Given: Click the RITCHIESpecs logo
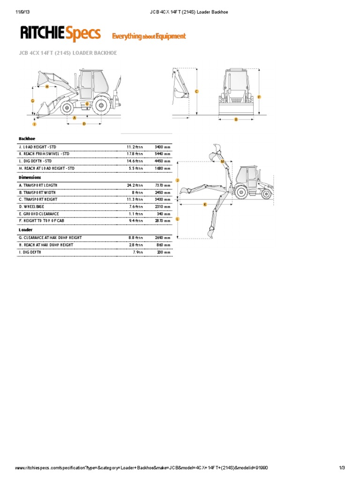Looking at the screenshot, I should point(60,34).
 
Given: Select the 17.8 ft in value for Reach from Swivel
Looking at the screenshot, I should point(135,154).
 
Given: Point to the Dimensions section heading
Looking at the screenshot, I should point(30,178).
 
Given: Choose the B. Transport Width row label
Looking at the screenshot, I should point(42,192).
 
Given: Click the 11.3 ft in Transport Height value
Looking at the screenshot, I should point(135,199).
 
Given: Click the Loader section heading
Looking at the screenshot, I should point(25,230).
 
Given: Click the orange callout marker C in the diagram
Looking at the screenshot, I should point(196,91).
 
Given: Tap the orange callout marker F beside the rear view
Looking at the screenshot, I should point(259,97).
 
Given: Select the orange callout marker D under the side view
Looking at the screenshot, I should point(84,124).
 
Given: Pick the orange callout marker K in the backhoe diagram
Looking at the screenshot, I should point(205,204).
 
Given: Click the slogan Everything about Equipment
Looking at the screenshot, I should point(148,36).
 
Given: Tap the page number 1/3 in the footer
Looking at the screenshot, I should point(342,468).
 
